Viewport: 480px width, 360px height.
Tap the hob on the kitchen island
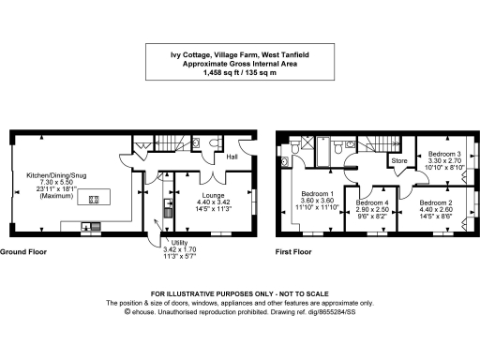pos(93,199)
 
